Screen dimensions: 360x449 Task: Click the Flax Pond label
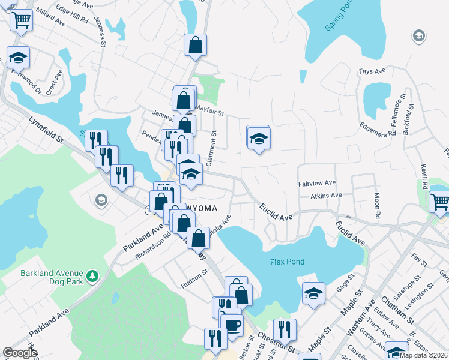point(287,262)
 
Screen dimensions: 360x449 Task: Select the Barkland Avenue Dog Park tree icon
point(92,276)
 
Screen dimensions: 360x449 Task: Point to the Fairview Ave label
point(317,183)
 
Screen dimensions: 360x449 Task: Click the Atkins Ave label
point(326,195)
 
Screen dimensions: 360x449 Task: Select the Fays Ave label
point(372,71)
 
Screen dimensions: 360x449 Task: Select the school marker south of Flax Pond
point(313,294)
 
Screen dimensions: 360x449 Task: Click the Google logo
point(20,353)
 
